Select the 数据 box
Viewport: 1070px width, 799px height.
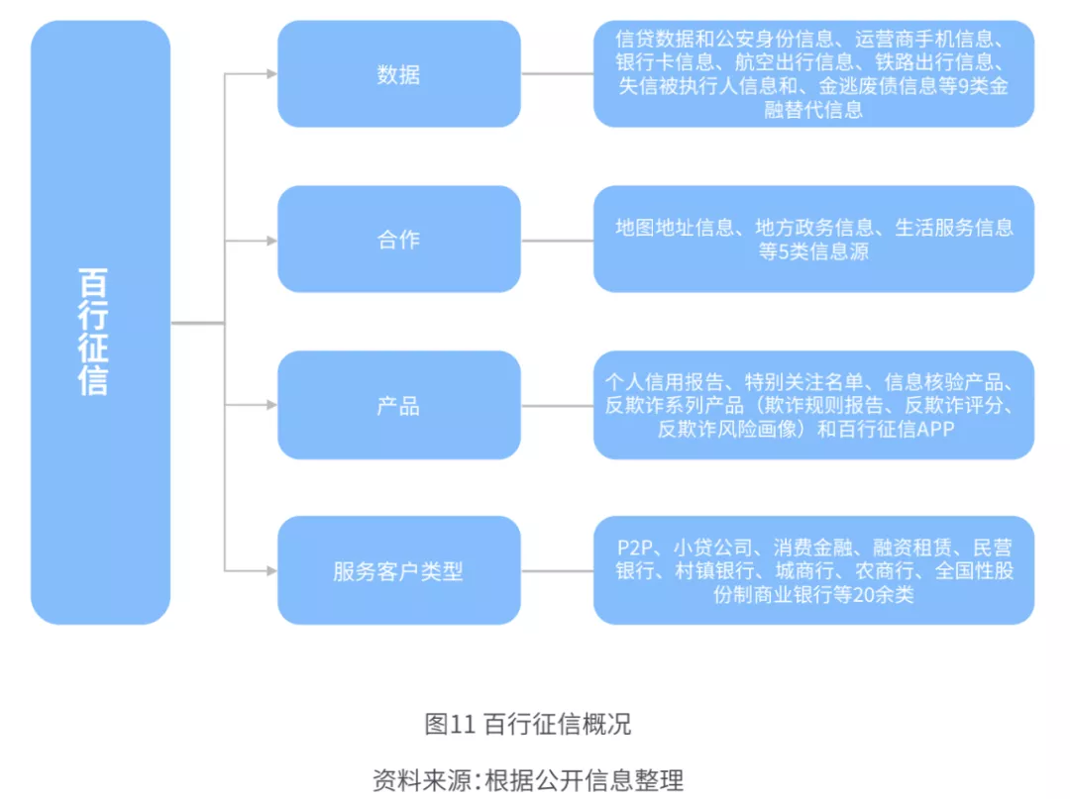[x=398, y=74]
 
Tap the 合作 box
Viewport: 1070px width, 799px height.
[x=398, y=240]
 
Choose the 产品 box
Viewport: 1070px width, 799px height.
[x=398, y=406]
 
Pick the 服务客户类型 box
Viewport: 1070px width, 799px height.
[x=398, y=571]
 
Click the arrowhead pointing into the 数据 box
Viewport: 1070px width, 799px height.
[x=270, y=74]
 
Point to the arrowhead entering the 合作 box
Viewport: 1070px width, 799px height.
[x=270, y=240]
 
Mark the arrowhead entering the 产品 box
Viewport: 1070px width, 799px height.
[x=270, y=406]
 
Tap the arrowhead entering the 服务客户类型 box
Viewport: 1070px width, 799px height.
[x=270, y=571]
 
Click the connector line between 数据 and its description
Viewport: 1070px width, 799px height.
[x=557, y=74]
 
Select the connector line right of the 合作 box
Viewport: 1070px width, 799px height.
[x=557, y=240]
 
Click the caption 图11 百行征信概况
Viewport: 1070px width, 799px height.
[x=527, y=724]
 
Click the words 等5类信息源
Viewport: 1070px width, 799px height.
[x=813, y=251]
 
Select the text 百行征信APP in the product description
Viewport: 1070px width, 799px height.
[x=898, y=429]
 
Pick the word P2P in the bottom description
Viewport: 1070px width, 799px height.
[x=638, y=548]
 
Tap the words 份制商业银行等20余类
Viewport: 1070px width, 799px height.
[x=813, y=595]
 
